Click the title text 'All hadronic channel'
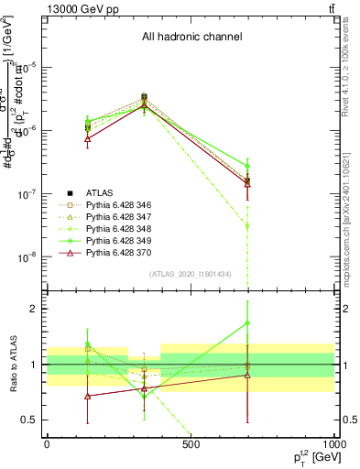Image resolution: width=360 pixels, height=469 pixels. tap(191, 38)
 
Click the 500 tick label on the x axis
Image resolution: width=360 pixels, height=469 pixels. tap(191, 444)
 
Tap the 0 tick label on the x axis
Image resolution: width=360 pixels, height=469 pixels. tap(47, 444)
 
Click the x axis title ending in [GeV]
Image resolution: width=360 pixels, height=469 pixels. tap(310, 457)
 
